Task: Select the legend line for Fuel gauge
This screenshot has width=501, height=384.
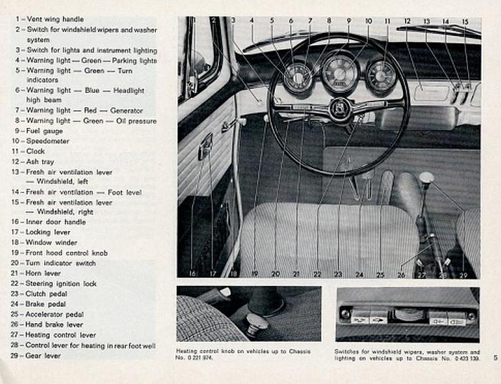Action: pyautogui.click(x=44, y=131)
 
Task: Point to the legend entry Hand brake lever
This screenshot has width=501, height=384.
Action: pyautogui.click(x=55, y=325)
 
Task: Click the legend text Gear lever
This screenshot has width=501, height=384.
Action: pyautogui.click(x=44, y=355)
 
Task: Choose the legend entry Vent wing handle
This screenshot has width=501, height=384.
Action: pyautogui.click(x=54, y=19)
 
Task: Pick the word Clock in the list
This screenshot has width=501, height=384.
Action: pyautogui.click(x=36, y=152)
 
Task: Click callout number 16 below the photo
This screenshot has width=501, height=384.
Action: pyautogui.click(x=192, y=273)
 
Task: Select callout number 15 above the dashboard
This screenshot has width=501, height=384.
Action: pyautogui.click(x=464, y=22)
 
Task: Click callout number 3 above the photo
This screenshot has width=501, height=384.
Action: pyautogui.click(x=233, y=21)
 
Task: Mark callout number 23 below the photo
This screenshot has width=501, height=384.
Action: pyautogui.click(x=338, y=274)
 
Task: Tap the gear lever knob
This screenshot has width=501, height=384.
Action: pyautogui.click(x=427, y=177)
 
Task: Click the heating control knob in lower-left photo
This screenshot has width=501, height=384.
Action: pyautogui.click(x=256, y=323)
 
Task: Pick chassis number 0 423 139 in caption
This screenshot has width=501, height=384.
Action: pyautogui.click(x=464, y=357)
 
